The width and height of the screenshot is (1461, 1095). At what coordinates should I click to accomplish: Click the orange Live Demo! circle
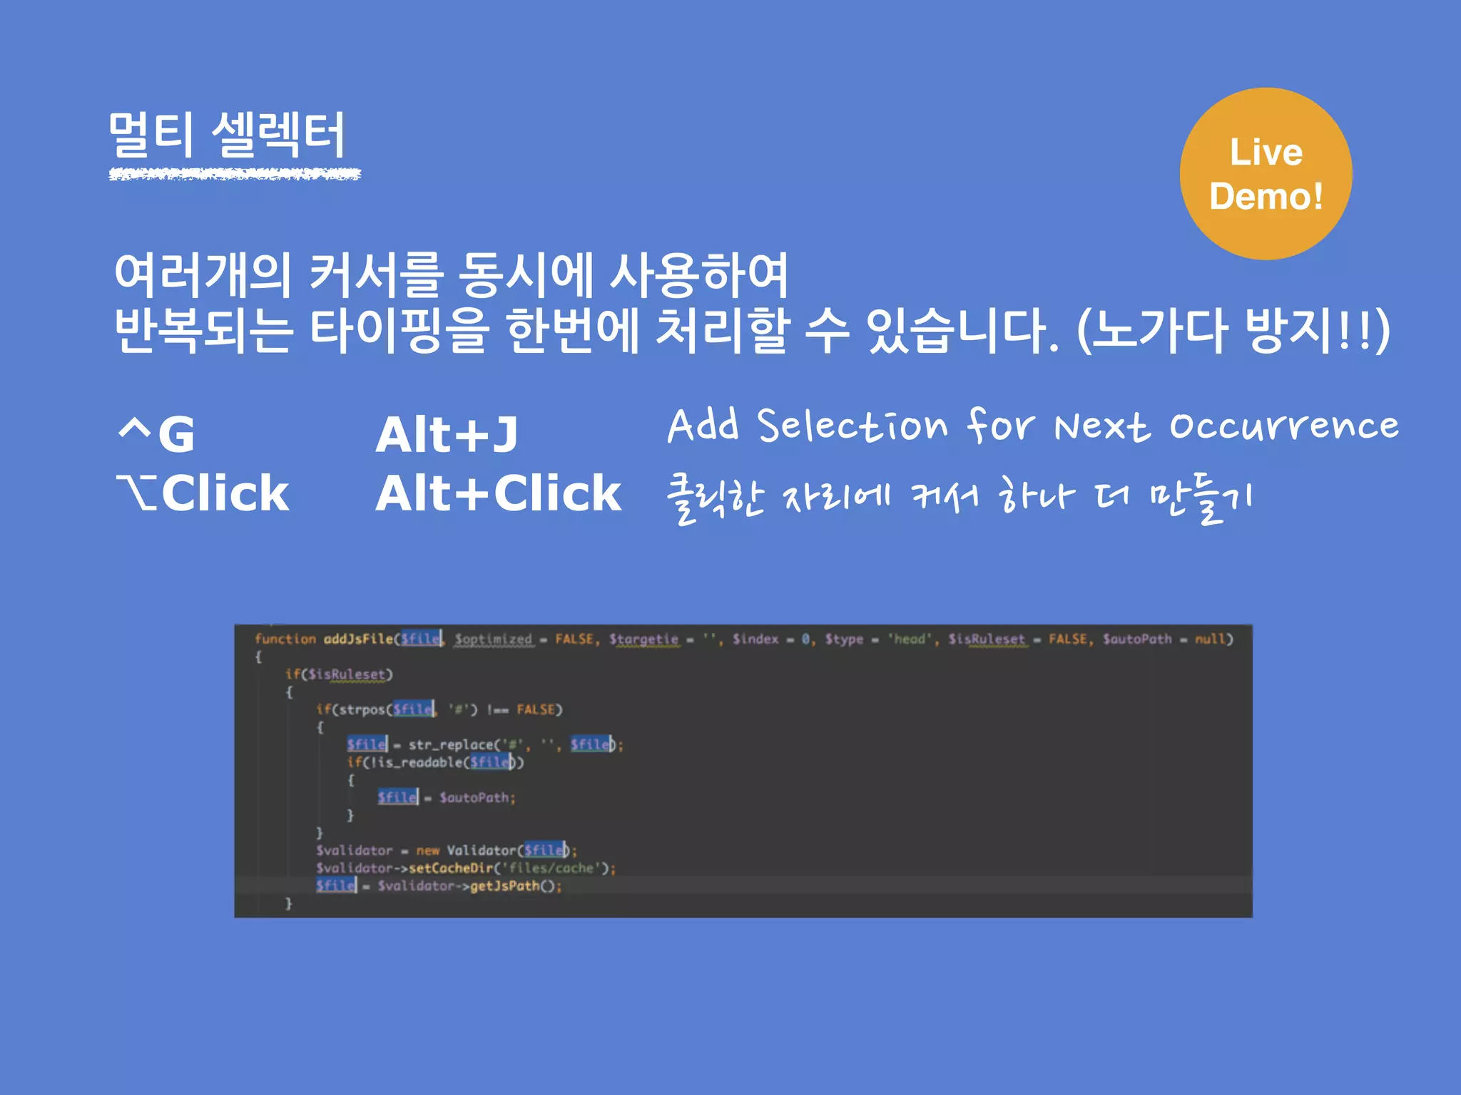point(1266,174)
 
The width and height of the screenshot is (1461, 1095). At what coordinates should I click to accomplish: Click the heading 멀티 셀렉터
point(227,135)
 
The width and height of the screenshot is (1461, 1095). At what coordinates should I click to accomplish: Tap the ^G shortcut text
point(157,433)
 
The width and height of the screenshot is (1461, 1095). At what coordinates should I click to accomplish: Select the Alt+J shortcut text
point(447,435)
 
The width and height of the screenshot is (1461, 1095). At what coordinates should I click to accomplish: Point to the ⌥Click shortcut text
point(203,493)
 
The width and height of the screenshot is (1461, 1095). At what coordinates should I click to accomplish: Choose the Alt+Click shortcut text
point(499,493)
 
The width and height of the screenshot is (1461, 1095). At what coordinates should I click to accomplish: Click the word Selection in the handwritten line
point(852,426)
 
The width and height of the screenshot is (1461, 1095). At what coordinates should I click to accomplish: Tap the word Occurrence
point(1283,426)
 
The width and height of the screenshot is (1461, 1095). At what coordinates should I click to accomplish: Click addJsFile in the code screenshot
point(357,639)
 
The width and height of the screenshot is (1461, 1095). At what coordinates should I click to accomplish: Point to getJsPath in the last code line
point(504,886)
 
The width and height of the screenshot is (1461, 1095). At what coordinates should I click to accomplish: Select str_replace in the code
point(451,745)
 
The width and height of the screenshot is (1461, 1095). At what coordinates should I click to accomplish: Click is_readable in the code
point(424,763)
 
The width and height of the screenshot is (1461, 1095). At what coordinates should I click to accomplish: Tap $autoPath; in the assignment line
point(477,798)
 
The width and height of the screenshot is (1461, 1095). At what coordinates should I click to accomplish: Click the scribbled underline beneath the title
point(235,174)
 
